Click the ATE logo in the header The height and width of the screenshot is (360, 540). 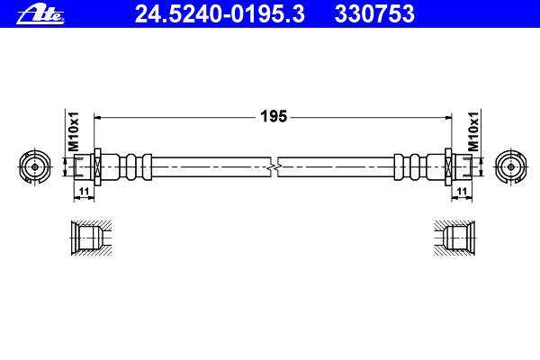40,14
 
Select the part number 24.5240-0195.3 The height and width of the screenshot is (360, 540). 220,13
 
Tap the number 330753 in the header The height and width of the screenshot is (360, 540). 374,13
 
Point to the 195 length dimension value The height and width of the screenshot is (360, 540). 274,116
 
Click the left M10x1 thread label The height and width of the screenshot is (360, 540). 74,131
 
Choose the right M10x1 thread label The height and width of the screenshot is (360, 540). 473,131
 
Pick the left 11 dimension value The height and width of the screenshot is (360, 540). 84,191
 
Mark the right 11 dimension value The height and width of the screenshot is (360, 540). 462,191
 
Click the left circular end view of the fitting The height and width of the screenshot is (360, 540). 35,166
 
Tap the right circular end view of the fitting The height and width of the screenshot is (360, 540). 511,166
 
